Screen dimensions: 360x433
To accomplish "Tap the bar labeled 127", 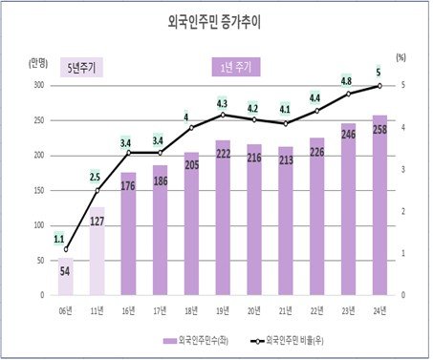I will coord(97,251).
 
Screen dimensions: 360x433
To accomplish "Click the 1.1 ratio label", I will coord(59,239).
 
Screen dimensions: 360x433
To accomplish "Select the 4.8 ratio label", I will coord(347,80).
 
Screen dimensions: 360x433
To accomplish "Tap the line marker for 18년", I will coord(190,127).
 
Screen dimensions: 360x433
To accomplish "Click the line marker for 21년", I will coord(284,123).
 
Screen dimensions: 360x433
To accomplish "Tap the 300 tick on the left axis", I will coord(37,85).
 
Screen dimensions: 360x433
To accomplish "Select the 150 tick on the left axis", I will coord(37,190).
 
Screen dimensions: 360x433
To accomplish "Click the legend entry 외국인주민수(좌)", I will coord(204,339).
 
